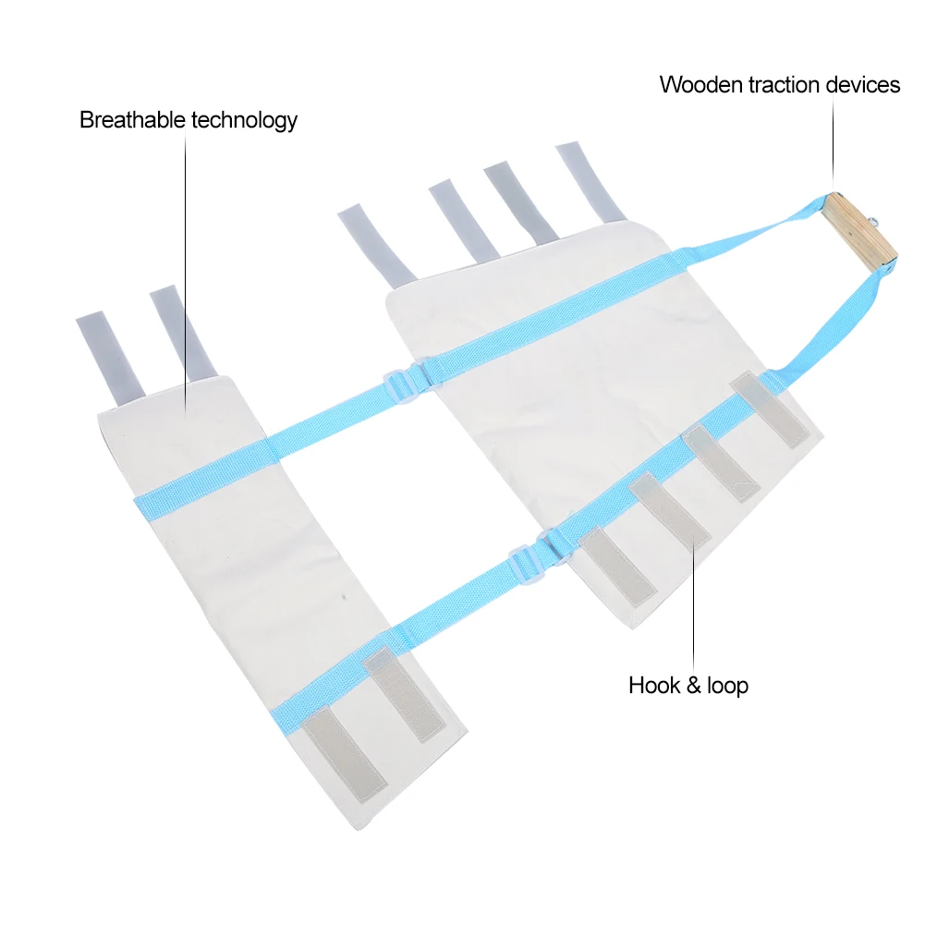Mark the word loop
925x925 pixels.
coord(728,686)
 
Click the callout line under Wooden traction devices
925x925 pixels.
coord(834,139)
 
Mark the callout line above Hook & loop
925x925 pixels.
coord(694,601)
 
